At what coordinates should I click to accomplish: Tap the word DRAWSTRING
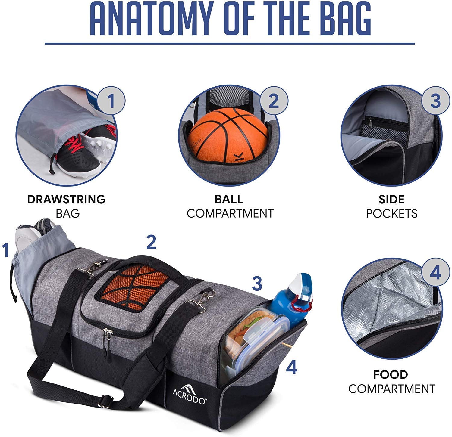(x=66, y=199)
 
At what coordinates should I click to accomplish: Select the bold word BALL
(x=229, y=199)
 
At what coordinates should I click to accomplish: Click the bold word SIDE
(x=391, y=199)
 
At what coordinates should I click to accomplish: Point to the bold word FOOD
(x=391, y=375)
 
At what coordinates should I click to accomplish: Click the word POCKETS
(x=391, y=213)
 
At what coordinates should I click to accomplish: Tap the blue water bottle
(x=291, y=298)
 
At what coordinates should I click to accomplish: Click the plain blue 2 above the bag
(x=151, y=243)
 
